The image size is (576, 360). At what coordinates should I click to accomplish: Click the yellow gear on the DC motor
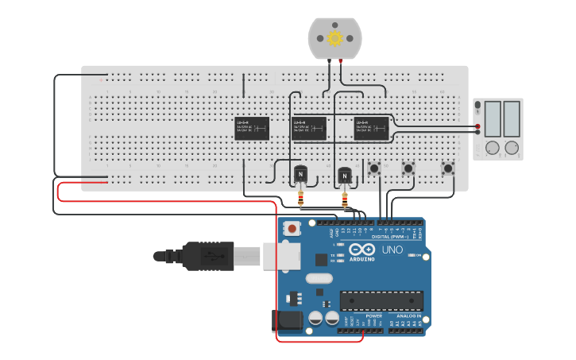[334, 38]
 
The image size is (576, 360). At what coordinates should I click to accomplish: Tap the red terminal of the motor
[341, 60]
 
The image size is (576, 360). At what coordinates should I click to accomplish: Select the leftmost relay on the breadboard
[252, 128]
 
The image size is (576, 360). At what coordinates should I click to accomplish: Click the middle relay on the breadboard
[309, 128]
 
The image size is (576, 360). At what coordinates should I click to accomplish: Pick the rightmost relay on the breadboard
[371, 128]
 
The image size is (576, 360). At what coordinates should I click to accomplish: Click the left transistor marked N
[300, 174]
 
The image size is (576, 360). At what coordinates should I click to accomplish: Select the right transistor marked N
[344, 174]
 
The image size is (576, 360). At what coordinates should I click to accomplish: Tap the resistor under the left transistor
[300, 195]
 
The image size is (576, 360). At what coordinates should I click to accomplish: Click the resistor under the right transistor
[344, 195]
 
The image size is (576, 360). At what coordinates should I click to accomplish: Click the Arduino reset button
[292, 229]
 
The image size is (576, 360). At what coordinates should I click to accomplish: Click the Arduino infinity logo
[361, 250]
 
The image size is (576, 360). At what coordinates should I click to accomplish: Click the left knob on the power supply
[493, 148]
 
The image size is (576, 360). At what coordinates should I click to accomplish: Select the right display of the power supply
[511, 118]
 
